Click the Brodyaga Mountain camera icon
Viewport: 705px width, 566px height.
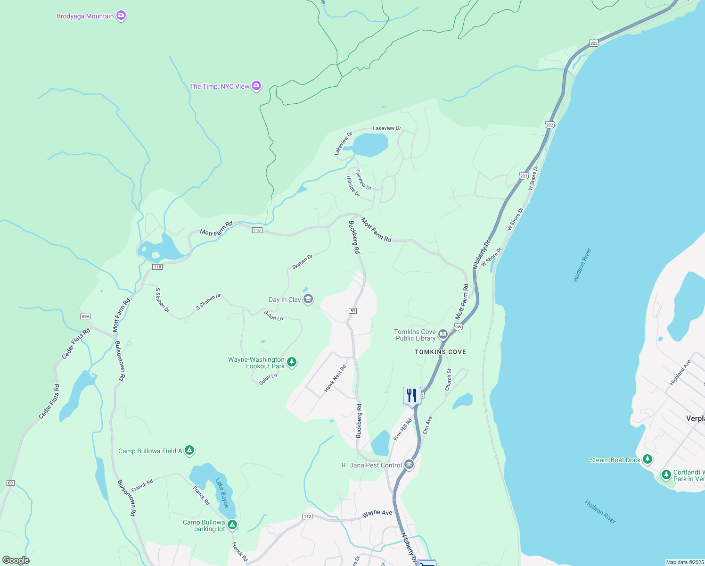[x=121, y=16]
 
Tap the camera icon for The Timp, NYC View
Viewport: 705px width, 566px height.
[x=256, y=86]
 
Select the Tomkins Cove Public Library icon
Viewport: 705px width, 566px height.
[x=443, y=335]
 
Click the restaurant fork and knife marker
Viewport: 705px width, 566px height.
[x=411, y=395]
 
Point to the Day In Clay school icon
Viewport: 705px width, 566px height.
[x=308, y=300]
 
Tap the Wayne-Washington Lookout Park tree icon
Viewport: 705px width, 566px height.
[x=292, y=362]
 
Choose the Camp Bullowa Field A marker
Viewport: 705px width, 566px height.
[x=189, y=451]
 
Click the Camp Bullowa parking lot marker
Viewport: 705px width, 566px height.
[x=232, y=525]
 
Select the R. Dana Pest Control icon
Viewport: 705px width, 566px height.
[x=409, y=465]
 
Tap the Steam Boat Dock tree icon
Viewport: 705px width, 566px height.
[x=648, y=459]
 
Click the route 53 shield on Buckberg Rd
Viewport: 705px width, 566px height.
[x=353, y=311]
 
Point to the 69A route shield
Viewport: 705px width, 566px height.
[x=85, y=316]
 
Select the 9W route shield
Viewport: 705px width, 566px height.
[x=458, y=326]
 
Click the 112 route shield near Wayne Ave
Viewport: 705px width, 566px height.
[x=307, y=516]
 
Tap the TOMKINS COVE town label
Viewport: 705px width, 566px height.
[x=440, y=352]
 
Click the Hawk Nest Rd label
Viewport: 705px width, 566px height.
[x=335, y=378]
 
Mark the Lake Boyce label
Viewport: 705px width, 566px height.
[x=222, y=493]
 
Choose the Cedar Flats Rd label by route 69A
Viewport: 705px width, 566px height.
[x=75, y=343]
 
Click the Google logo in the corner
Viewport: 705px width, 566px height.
[x=16, y=560]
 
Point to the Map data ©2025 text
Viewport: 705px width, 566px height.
[x=684, y=562]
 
